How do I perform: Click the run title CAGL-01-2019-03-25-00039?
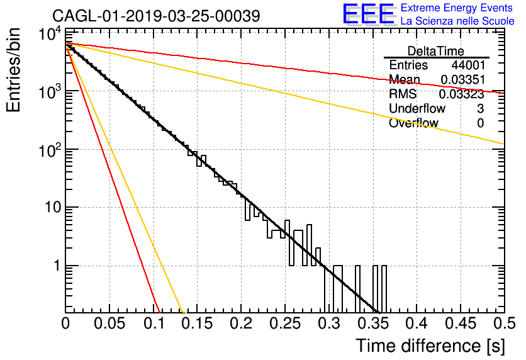click(x=156, y=16)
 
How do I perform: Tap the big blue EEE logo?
click(x=368, y=14)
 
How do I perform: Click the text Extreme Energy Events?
click(x=457, y=8)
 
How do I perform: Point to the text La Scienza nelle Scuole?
click(x=457, y=21)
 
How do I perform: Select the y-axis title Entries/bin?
click(x=13, y=70)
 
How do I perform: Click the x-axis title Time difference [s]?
click(x=430, y=346)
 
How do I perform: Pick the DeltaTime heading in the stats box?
click(x=436, y=51)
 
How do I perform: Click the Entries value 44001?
click(x=468, y=65)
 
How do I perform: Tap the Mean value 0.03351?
click(x=462, y=79)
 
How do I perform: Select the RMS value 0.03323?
click(x=462, y=94)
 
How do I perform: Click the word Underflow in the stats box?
click(x=417, y=108)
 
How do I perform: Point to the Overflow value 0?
click(x=480, y=123)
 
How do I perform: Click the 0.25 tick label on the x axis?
click(x=285, y=323)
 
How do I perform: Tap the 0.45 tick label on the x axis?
click(x=461, y=323)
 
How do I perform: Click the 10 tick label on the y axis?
click(x=53, y=207)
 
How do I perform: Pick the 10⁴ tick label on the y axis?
click(x=50, y=33)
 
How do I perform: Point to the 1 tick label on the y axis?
click(x=57, y=266)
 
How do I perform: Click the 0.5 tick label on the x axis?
click(x=504, y=323)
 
